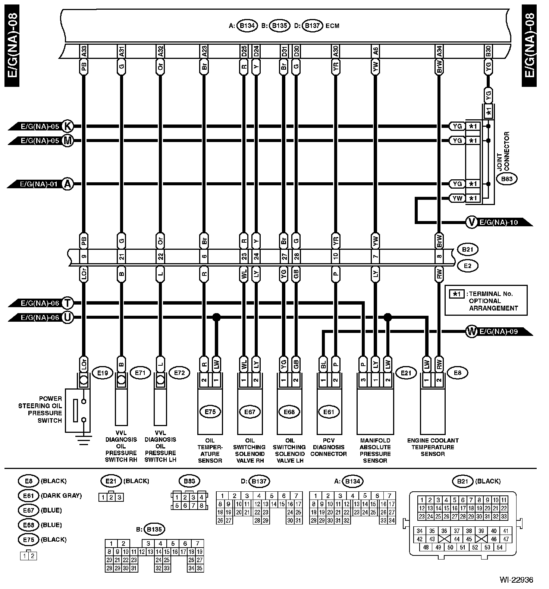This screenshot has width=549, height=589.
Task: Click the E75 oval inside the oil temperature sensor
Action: click(210, 412)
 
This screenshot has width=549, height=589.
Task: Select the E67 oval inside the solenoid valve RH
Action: click(250, 412)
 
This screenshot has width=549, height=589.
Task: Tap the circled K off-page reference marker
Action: click(68, 126)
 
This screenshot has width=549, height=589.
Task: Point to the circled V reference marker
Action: click(472, 223)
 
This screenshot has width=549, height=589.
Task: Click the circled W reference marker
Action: click(472, 331)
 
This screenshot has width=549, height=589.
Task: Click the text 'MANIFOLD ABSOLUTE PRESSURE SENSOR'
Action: click(375, 450)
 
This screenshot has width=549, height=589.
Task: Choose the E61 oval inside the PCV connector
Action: click(329, 412)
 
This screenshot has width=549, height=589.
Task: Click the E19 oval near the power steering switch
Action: click(103, 373)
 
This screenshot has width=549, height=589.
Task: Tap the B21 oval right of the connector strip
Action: click(467, 249)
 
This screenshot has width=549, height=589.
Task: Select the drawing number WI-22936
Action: click(516, 580)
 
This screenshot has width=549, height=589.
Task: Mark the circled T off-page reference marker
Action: click(68, 303)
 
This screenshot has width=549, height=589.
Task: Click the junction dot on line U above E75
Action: click(216, 317)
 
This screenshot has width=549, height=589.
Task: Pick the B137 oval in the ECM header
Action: click(312, 26)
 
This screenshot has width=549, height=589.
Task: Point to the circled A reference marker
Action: click(68, 184)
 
